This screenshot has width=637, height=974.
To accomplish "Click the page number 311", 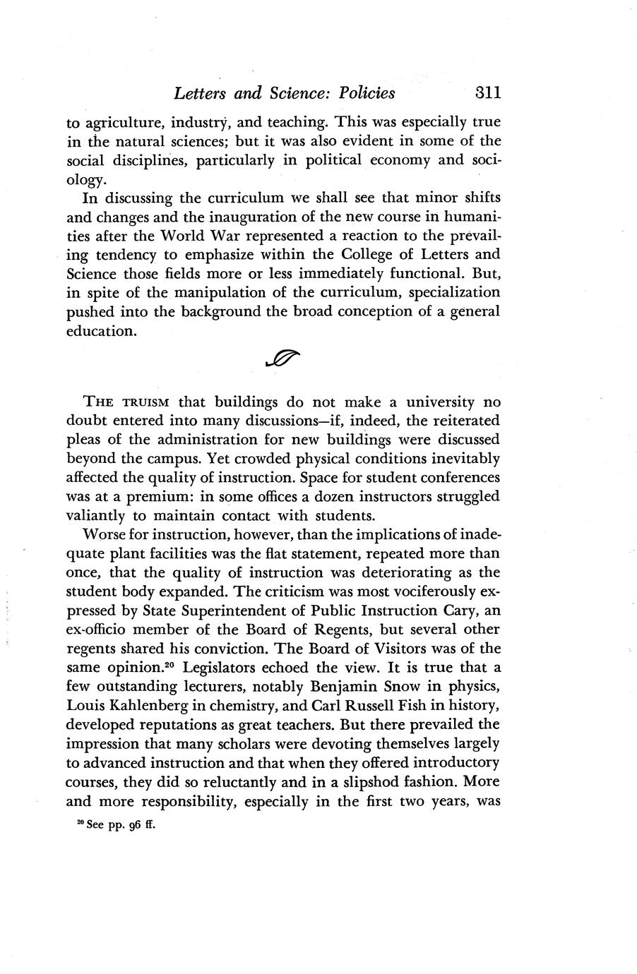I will [x=479, y=93].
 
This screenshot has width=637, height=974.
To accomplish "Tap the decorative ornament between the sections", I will [x=281, y=361].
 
